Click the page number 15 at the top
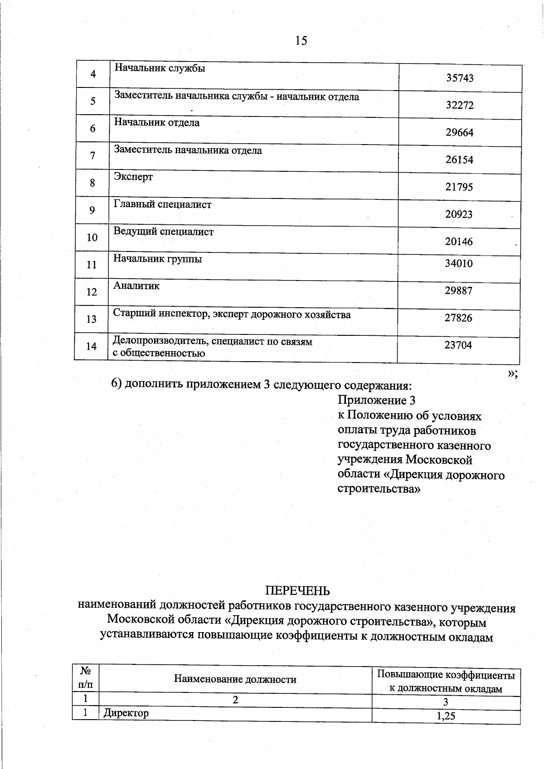[x=301, y=41]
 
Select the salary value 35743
[x=459, y=78]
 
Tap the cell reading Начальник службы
[x=160, y=68]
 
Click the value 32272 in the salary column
[x=459, y=105]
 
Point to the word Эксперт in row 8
[x=133, y=177]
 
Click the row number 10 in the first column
[x=92, y=237]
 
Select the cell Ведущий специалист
[x=163, y=232]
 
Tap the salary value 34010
[x=458, y=264]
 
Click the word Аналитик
[x=136, y=286]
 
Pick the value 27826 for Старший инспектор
[x=458, y=318]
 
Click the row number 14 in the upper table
[x=92, y=346]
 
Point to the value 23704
[x=458, y=345]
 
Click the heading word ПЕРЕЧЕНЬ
[x=297, y=591]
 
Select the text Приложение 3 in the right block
[x=376, y=400]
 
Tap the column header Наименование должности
[x=235, y=679]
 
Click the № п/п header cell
[x=85, y=677]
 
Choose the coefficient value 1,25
[x=446, y=716]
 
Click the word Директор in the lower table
[x=126, y=713]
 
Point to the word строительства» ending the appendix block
[x=379, y=489]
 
